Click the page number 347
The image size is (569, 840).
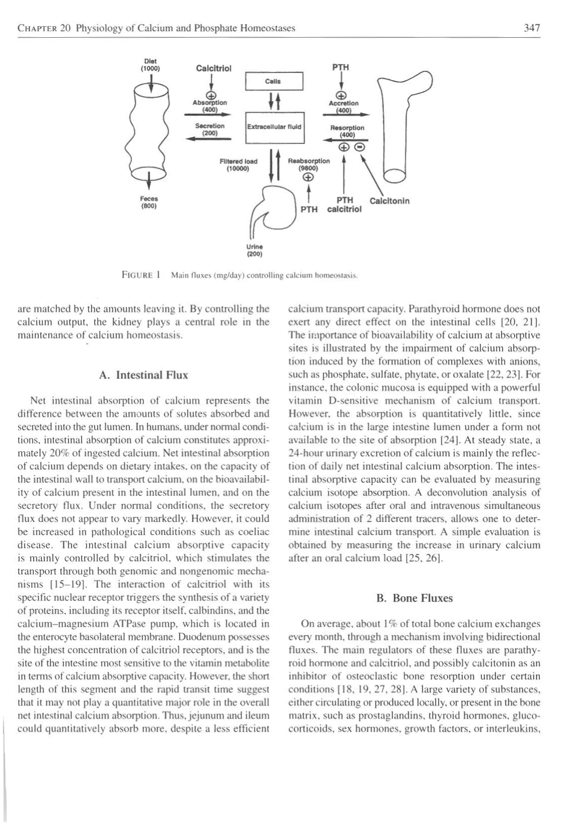point(532,28)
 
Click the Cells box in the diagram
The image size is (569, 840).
point(274,81)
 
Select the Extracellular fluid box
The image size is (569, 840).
point(274,127)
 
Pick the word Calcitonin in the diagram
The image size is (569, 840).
point(389,201)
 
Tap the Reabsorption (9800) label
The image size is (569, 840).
point(308,165)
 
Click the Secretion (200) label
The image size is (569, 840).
point(209,129)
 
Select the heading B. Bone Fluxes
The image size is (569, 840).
point(415,598)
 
